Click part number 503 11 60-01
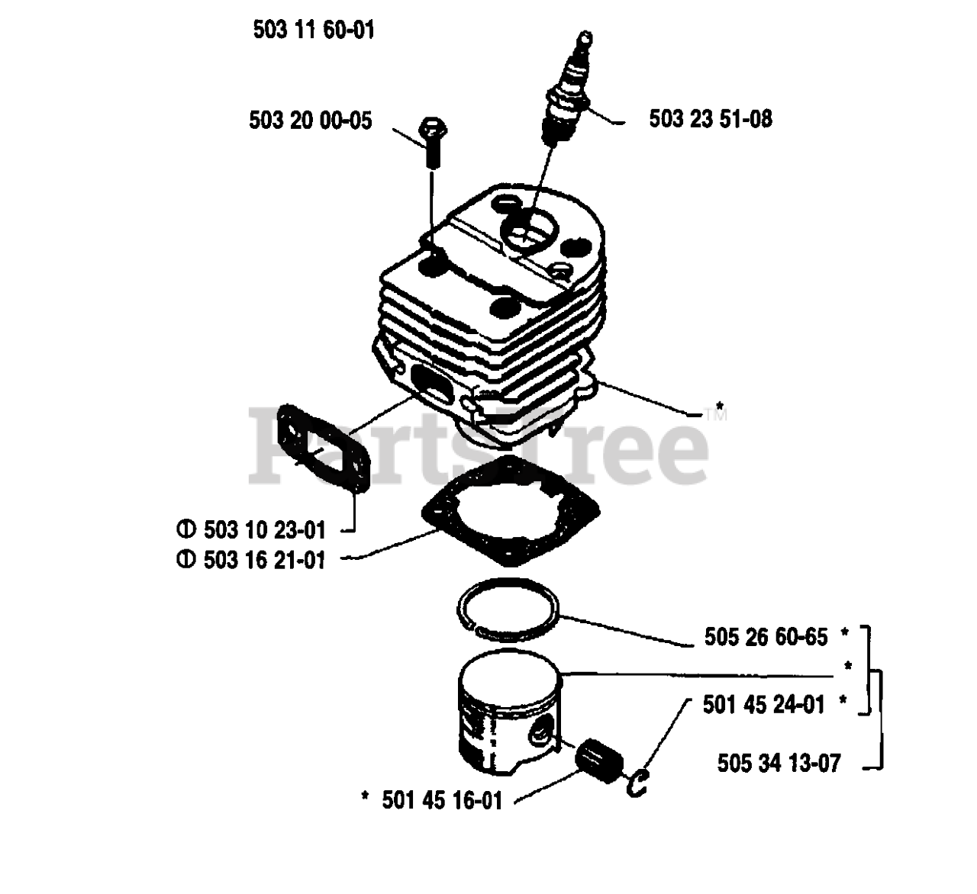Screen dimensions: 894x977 313,31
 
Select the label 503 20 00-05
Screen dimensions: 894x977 311,120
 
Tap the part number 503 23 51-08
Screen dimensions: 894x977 710,119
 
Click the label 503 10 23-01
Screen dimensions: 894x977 264,529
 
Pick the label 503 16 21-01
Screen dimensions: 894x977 264,560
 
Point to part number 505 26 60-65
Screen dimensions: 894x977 766,636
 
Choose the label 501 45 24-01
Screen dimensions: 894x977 764,704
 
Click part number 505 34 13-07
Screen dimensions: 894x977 779,763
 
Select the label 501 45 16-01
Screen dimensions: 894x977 442,800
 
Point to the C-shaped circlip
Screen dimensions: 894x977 638,783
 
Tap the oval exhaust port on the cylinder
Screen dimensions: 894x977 431,379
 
